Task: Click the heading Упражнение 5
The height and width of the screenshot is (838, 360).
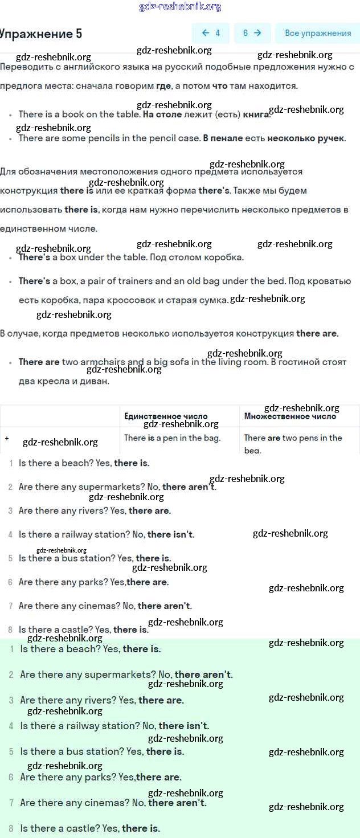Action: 41,34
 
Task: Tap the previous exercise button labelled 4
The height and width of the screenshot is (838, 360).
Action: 211,33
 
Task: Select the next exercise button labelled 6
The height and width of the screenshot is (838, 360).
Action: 252,33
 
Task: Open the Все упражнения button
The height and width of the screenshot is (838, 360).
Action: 317,33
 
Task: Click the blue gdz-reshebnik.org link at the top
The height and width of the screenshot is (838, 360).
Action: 180,7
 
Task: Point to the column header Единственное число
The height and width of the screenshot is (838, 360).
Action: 166,416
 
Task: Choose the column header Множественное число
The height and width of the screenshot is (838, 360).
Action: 290,416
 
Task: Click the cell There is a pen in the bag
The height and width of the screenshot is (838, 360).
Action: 172,438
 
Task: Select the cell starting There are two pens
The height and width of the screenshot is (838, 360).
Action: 293,438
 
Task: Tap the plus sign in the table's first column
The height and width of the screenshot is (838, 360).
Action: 7,438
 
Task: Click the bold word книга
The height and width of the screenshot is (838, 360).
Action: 255,115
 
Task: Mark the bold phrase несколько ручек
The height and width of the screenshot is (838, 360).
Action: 306,138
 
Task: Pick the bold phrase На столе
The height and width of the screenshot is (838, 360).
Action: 162,115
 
